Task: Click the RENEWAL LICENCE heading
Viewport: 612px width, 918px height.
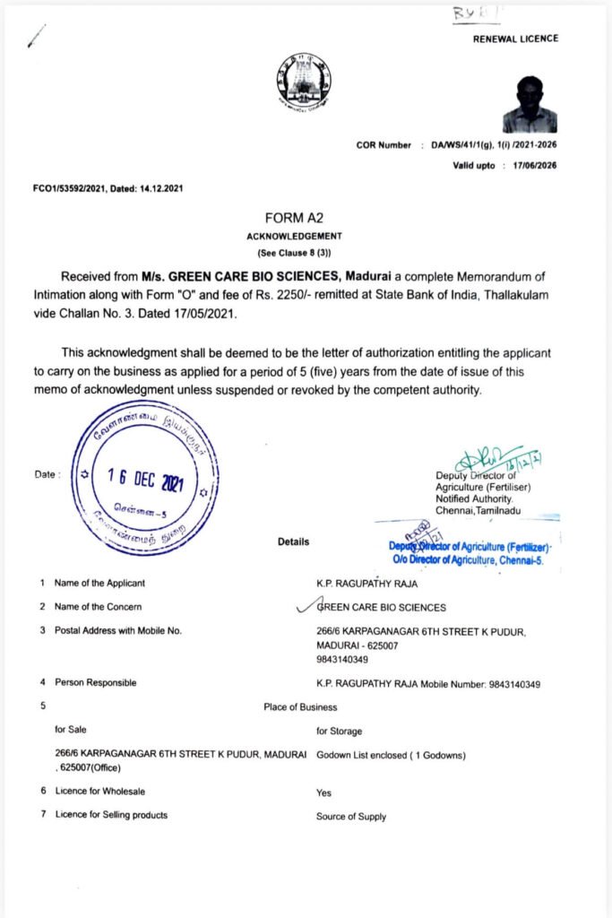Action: [x=515, y=39]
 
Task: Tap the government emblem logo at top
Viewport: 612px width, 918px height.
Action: [x=303, y=82]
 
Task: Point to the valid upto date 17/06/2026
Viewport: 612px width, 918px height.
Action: [x=530, y=166]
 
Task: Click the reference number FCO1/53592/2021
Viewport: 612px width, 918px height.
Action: [x=71, y=187]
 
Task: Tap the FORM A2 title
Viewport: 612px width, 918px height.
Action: [x=294, y=218]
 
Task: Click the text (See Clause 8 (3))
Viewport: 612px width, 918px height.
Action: [x=294, y=254]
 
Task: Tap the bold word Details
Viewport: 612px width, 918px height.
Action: [x=293, y=541]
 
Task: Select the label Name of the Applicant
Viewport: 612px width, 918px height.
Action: [x=99, y=584]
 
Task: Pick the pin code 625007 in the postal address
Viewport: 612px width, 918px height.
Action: [x=380, y=645]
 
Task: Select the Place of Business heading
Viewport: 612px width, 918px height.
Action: [x=300, y=707]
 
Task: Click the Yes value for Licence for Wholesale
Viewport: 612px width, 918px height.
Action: [x=323, y=792]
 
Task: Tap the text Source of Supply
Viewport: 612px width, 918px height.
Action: [x=351, y=816]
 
